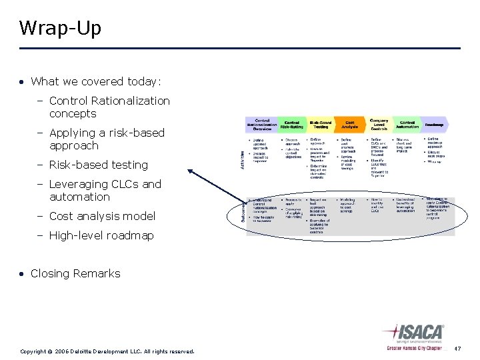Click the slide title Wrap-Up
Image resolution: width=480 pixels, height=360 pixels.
pos(60,28)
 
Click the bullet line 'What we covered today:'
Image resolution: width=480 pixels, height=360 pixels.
pos(96,81)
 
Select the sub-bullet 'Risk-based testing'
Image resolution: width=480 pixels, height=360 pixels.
pos(98,165)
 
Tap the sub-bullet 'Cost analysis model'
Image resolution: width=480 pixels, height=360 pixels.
pos(102,216)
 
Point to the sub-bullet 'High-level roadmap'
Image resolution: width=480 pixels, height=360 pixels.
pos(101,235)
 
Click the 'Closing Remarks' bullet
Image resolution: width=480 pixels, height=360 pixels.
pos(75,273)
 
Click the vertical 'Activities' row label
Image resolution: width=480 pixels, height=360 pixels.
pos(242,158)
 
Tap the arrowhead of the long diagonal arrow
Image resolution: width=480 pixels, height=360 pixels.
pos(191,171)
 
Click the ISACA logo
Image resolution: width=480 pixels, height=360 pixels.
pos(415,335)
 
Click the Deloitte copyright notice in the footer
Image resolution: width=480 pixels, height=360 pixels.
pos(107,351)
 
